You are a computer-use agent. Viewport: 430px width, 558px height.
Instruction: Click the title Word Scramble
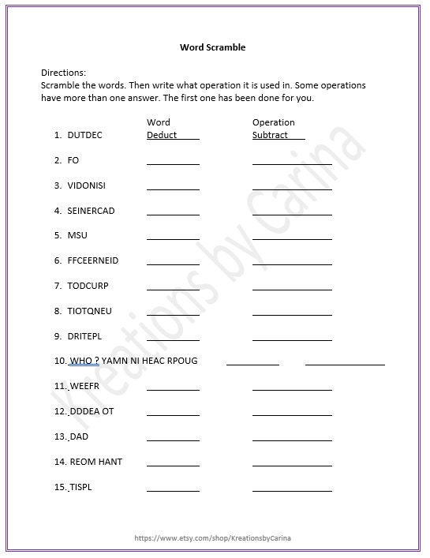[x=213, y=47]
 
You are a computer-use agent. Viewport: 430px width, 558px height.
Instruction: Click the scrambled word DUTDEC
[x=84, y=135]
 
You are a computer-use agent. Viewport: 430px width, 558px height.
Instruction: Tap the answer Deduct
[x=162, y=135]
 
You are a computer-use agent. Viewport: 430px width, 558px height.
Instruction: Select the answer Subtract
[x=271, y=135]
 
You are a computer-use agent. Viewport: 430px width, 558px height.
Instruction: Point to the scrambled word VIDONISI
[x=87, y=185]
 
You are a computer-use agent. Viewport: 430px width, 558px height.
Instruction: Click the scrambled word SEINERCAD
[x=90, y=211]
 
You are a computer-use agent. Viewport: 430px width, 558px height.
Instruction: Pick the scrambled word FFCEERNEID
[x=93, y=260]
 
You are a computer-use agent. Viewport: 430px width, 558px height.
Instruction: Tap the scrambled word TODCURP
[x=88, y=286]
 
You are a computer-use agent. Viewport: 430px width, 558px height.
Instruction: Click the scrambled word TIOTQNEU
[x=89, y=311]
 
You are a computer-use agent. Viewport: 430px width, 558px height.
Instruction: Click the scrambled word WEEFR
[x=84, y=386]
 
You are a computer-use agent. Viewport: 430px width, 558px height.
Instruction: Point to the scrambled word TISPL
[x=80, y=487]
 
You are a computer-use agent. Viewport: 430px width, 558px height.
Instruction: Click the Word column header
[x=158, y=122]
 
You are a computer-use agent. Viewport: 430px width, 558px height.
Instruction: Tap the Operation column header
[x=273, y=122]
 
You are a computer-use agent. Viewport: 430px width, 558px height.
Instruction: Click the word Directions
[x=63, y=72]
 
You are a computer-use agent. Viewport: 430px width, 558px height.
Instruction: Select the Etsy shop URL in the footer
[x=213, y=537]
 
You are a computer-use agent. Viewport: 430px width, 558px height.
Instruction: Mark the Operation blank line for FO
[x=292, y=163]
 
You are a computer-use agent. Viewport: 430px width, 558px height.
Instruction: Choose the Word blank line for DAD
[x=173, y=440]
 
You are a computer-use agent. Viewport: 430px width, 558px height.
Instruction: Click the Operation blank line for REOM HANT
[x=292, y=465]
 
